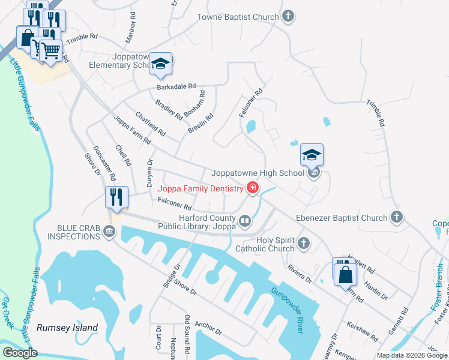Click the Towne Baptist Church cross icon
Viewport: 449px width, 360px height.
tap(289, 16)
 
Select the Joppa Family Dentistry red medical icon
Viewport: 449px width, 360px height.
tap(253, 188)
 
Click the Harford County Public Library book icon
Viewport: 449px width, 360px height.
tap(244, 221)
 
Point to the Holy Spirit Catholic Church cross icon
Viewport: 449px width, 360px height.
tap(304, 243)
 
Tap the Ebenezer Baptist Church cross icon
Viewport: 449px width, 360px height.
tap(396, 217)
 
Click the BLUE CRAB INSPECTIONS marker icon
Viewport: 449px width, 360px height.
tap(109, 232)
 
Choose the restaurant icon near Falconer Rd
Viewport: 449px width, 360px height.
tap(115, 197)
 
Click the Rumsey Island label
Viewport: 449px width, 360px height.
tap(67, 328)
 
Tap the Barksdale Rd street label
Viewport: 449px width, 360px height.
tap(176, 86)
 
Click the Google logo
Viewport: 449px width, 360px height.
tap(20, 352)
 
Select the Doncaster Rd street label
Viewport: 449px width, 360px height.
tap(108, 163)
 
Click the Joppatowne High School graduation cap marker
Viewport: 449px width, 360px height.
tap(312, 155)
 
